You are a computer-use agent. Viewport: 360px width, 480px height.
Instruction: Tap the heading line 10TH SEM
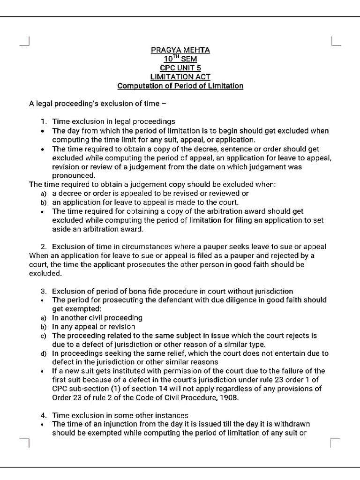click(x=180, y=59)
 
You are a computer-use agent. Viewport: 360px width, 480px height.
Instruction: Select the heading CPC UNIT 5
click(x=180, y=68)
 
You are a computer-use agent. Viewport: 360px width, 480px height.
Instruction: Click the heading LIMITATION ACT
click(x=180, y=77)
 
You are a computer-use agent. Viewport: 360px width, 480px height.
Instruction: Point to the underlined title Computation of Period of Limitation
click(x=180, y=86)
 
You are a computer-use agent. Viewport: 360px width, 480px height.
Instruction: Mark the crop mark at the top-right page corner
click(x=336, y=41)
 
